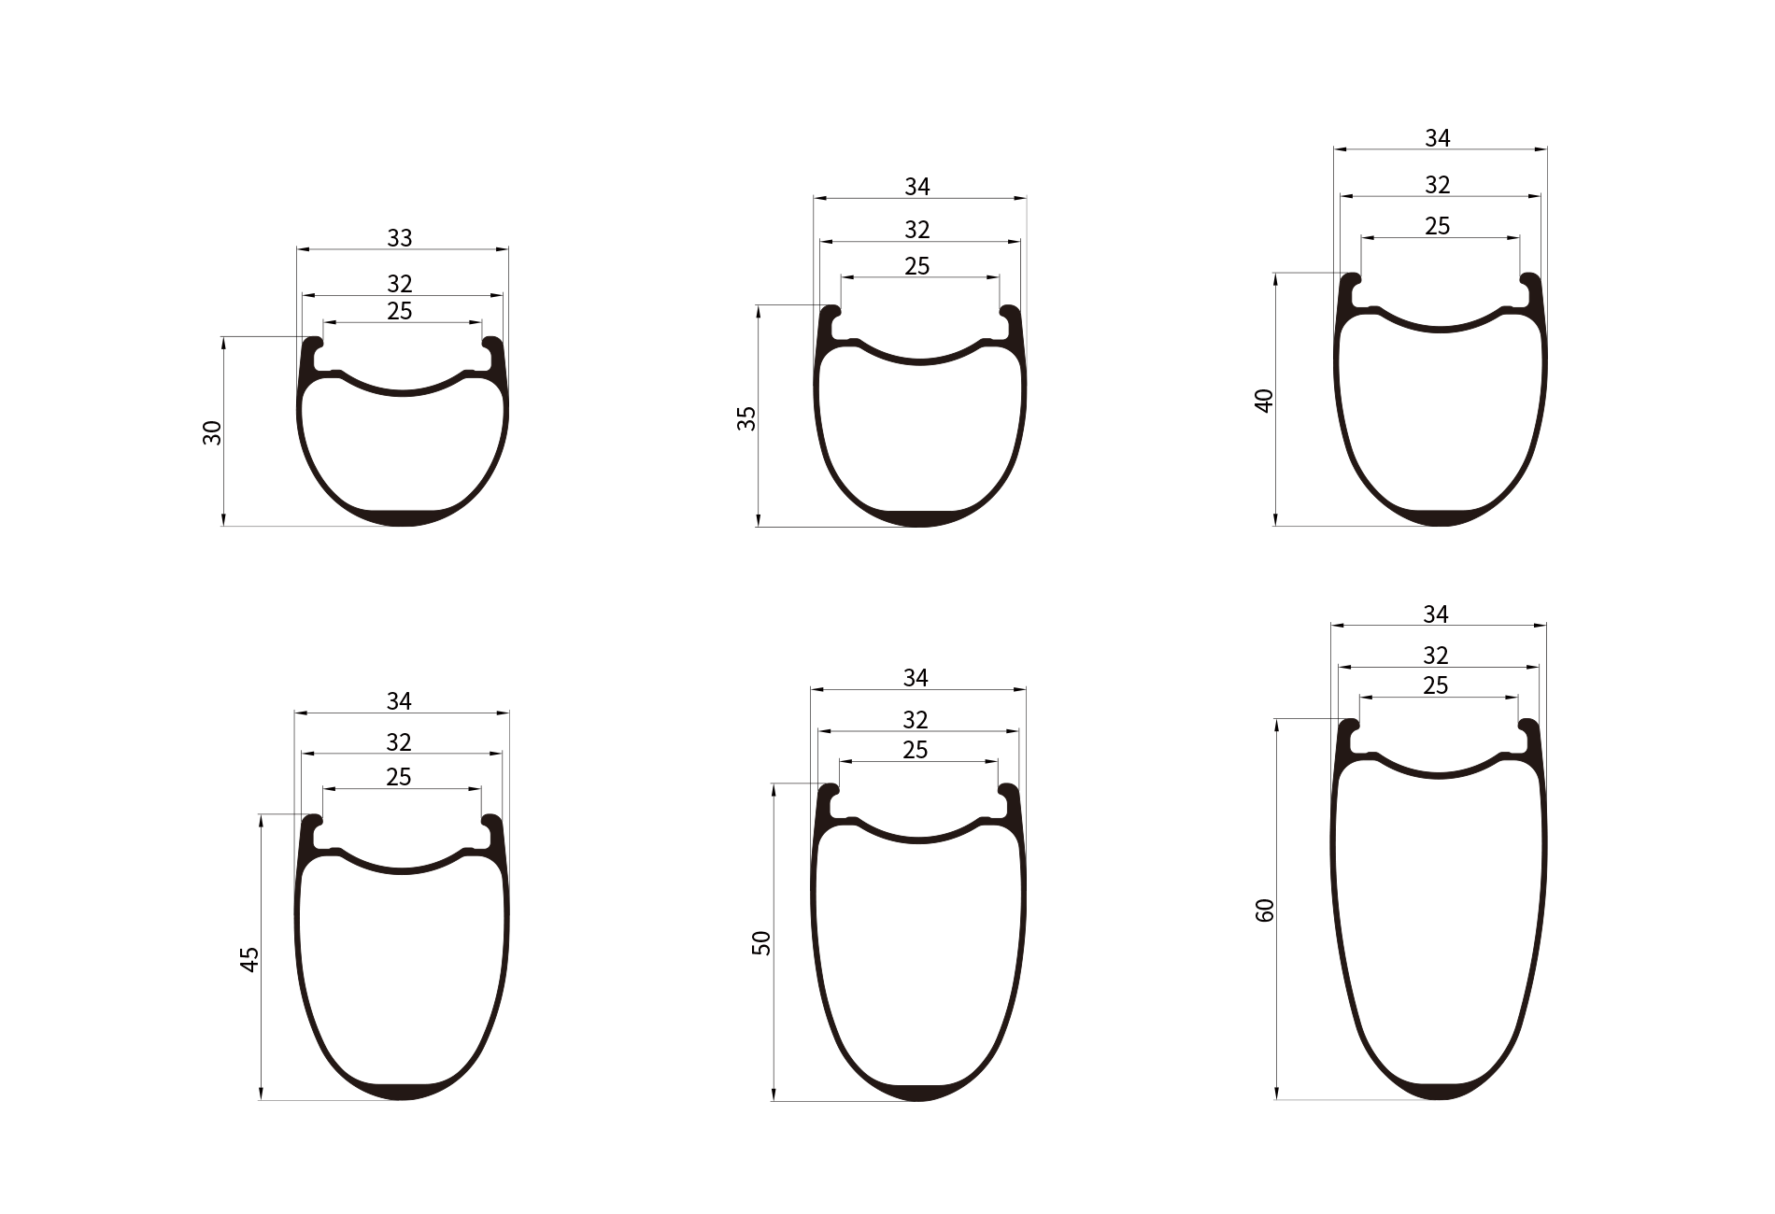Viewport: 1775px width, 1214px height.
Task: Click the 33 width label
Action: (400, 238)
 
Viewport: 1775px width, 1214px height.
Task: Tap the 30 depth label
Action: (213, 432)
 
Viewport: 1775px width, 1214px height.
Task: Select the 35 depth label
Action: (746, 418)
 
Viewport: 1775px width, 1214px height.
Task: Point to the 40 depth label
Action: (1265, 401)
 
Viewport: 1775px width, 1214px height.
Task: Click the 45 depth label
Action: (249, 959)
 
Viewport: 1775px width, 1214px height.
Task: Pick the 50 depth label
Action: (762, 942)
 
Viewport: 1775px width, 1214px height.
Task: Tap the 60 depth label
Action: (1266, 910)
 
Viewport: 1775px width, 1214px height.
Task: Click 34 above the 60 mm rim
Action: (1436, 614)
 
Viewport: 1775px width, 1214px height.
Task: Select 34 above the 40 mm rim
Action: (1438, 138)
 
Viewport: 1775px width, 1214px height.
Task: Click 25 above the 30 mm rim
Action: (400, 311)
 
